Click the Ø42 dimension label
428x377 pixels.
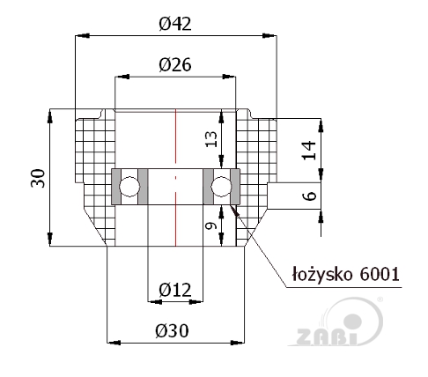(175, 24)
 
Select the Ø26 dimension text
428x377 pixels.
(175, 64)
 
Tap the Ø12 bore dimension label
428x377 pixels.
(175, 290)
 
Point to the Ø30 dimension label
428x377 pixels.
(172, 331)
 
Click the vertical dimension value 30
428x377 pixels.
(39, 178)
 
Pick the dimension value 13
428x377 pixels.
(211, 139)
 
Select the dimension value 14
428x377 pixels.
(309, 151)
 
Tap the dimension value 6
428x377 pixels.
(309, 196)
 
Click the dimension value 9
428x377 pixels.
(211, 225)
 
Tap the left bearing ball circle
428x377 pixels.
(129, 187)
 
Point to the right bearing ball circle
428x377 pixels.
(221, 187)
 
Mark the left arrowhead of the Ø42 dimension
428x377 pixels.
(82, 35)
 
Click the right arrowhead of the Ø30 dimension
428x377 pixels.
(237, 343)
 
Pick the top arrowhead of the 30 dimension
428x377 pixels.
(50, 116)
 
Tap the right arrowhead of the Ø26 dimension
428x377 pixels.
(229, 77)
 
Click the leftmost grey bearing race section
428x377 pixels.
(116, 187)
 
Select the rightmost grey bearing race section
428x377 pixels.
(235, 187)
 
